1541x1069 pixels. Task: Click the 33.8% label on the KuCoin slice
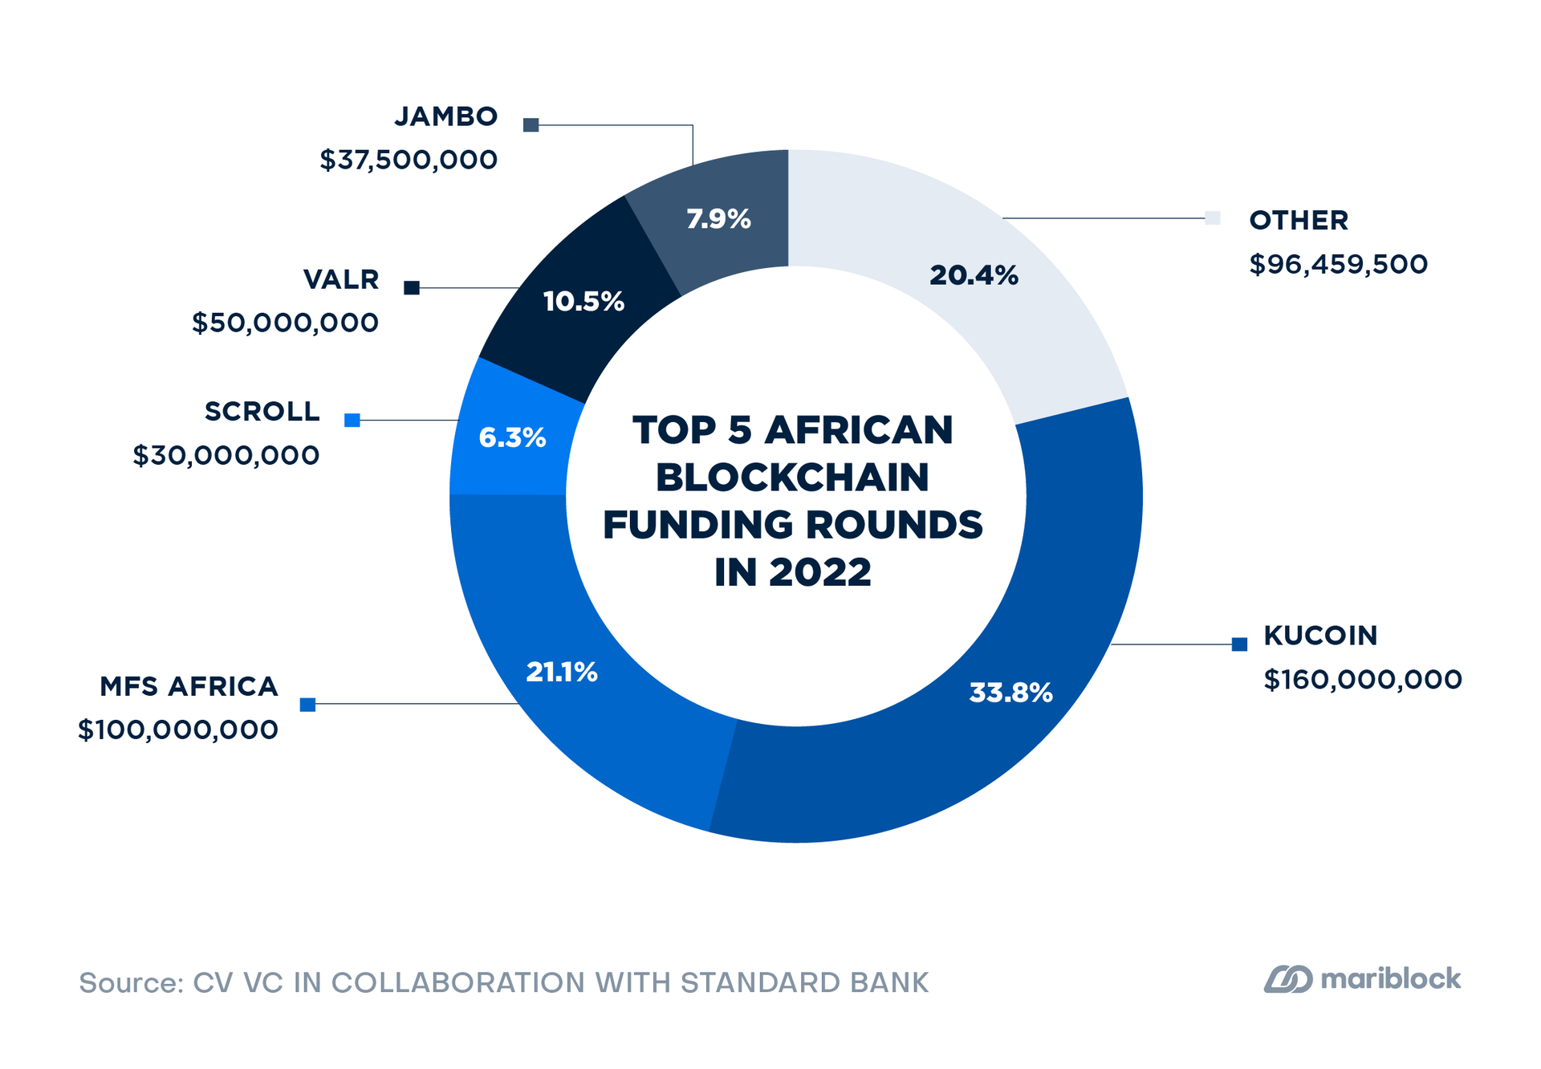(1010, 693)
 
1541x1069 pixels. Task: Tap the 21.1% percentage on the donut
(562, 673)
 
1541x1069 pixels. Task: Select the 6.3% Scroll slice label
(512, 437)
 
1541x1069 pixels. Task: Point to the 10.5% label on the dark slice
(583, 302)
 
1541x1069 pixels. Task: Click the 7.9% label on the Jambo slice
(718, 219)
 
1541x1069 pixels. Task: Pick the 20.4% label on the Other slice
(974, 276)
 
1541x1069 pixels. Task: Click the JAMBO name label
(446, 116)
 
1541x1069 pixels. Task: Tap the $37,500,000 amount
(409, 160)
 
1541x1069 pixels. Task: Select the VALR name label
(341, 279)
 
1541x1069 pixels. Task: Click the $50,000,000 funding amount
(285, 323)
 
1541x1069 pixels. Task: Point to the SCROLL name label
(262, 411)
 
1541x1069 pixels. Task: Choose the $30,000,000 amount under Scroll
(226, 455)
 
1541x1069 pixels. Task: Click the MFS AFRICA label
(189, 686)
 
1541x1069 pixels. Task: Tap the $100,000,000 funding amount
(178, 730)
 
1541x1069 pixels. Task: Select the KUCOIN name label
(1320, 636)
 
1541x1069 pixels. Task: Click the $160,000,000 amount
(1363, 680)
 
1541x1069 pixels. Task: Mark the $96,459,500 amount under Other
(1339, 264)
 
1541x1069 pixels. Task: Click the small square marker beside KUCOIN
(1239, 644)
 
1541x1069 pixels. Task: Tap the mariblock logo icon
(1288, 979)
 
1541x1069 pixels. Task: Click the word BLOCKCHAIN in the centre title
(792, 478)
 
